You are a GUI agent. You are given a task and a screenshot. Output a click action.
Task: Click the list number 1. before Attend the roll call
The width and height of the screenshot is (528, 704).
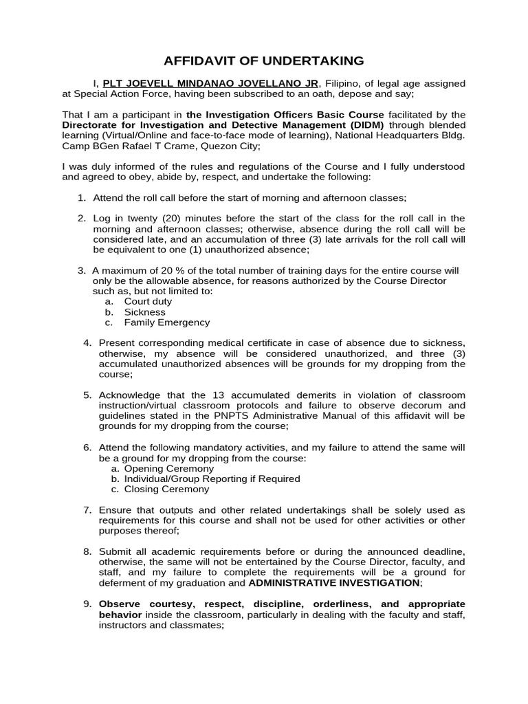click(x=81, y=198)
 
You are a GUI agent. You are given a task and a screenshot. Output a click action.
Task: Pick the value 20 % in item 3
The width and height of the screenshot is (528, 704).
click(x=162, y=270)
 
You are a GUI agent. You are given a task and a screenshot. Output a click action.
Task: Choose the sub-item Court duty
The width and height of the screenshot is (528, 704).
click(x=148, y=301)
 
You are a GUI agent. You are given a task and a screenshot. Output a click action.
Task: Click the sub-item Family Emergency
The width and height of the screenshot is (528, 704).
click(x=167, y=322)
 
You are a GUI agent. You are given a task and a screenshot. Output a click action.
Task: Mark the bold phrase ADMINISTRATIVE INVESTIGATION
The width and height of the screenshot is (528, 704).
click(x=334, y=582)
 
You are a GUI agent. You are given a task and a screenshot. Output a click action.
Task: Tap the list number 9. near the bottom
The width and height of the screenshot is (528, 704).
click(x=87, y=604)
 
